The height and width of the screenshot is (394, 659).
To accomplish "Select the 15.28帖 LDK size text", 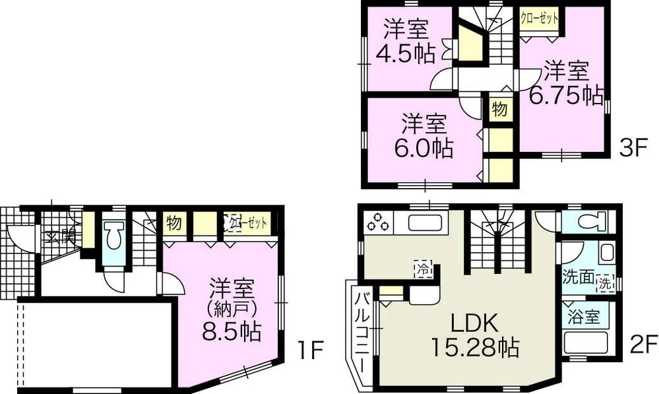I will pos(474,345).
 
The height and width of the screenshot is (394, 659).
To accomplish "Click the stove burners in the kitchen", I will pos(379,222).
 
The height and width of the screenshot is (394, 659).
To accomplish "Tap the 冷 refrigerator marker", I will pos(424,269).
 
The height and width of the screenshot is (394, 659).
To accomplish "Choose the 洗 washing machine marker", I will pos(605,284).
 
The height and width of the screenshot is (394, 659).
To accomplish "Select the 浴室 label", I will pos(584,316).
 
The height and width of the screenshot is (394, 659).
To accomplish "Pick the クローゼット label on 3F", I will pos(538,18).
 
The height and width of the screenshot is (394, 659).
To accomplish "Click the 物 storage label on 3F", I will pos(499,109).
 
